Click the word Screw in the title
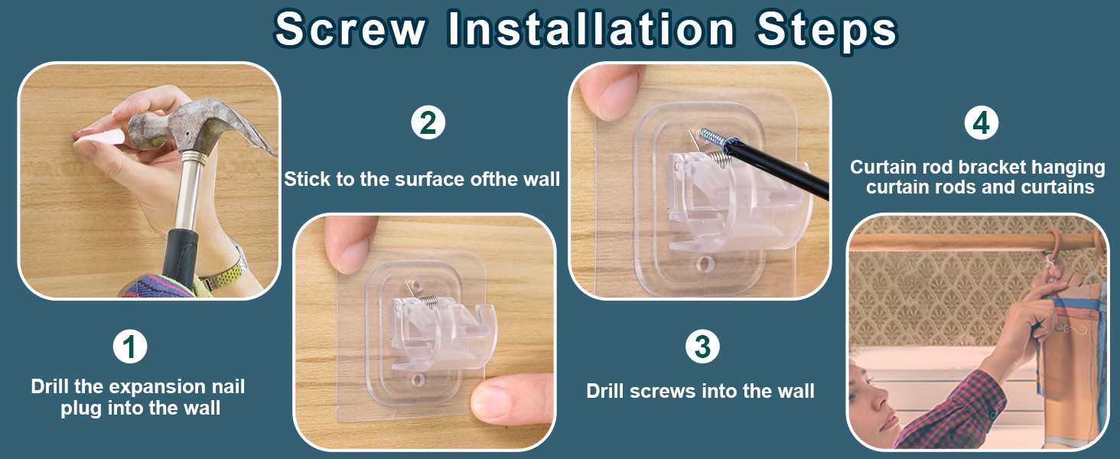(x=350, y=29)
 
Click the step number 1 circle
(x=130, y=346)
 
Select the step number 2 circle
(x=428, y=123)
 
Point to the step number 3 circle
(x=702, y=346)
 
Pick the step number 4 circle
(x=982, y=123)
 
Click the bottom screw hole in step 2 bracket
(x=418, y=380)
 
